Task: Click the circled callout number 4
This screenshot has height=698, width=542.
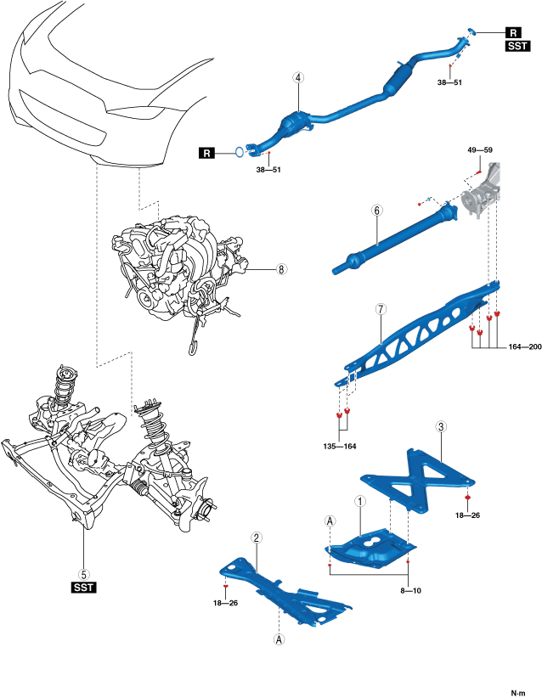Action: pyautogui.click(x=298, y=77)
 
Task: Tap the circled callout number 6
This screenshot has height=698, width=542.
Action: pyautogui.click(x=377, y=210)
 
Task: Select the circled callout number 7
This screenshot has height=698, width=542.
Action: pyautogui.click(x=381, y=309)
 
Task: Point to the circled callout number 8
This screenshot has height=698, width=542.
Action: pyautogui.click(x=281, y=269)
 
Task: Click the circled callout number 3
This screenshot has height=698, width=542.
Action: pyautogui.click(x=440, y=427)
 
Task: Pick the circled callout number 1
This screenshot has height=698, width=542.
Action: pyautogui.click(x=360, y=501)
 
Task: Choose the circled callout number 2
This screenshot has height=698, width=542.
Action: pyautogui.click(x=256, y=538)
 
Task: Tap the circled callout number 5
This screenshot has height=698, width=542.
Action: pyautogui.click(x=84, y=575)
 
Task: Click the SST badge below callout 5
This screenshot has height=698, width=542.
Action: pyautogui.click(x=84, y=588)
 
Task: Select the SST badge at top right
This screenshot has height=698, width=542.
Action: pyautogui.click(x=518, y=46)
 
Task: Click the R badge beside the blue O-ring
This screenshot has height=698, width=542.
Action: pyautogui.click(x=206, y=154)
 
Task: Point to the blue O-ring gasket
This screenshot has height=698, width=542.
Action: pyautogui.click(x=240, y=152)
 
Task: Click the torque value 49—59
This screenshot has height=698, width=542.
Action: pyautogui.click(x=480, y=150)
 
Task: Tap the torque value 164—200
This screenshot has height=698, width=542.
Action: pyautogui.click(x=525, y=346)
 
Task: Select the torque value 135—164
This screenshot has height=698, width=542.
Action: pyautogui.click(x=340, y=446)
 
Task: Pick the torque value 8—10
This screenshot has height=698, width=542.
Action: pyautogui.click(x=410, y=591)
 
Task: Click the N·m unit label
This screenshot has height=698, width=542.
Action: pyautogui.click(x=518, y=693)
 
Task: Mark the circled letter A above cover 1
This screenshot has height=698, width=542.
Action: pyautogui.click(x=330, y=521)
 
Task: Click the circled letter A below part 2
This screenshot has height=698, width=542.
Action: pyautogui.click(x=279, y=639)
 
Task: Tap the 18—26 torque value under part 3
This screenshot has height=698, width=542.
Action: pyautogui.click(x=467, y=515)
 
